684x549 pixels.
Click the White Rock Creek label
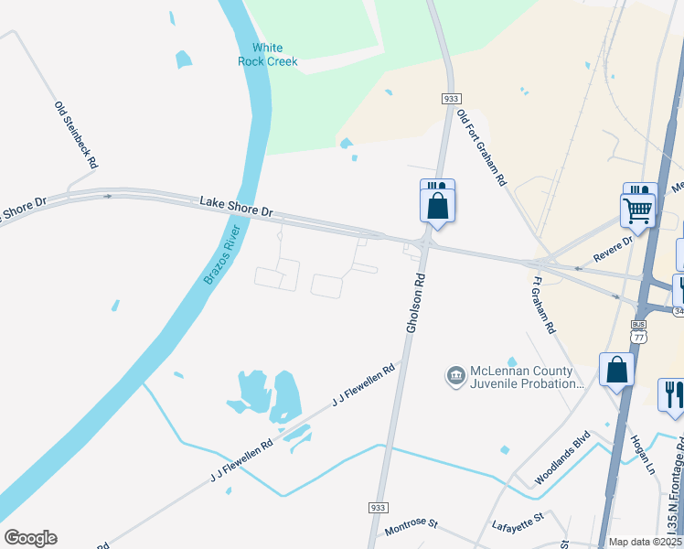(x=267, y=54)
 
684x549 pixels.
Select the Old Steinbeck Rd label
(x=76, y=135)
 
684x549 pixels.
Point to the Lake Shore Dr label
(x=237, y=206)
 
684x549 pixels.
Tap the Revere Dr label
(x=613, y=247)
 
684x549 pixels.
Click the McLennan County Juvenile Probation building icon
(x=455, y=376)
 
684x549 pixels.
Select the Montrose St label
(x=411, y=527)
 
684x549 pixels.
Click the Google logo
(x=30, y=538)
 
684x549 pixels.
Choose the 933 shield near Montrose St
(x=379, y=507)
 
